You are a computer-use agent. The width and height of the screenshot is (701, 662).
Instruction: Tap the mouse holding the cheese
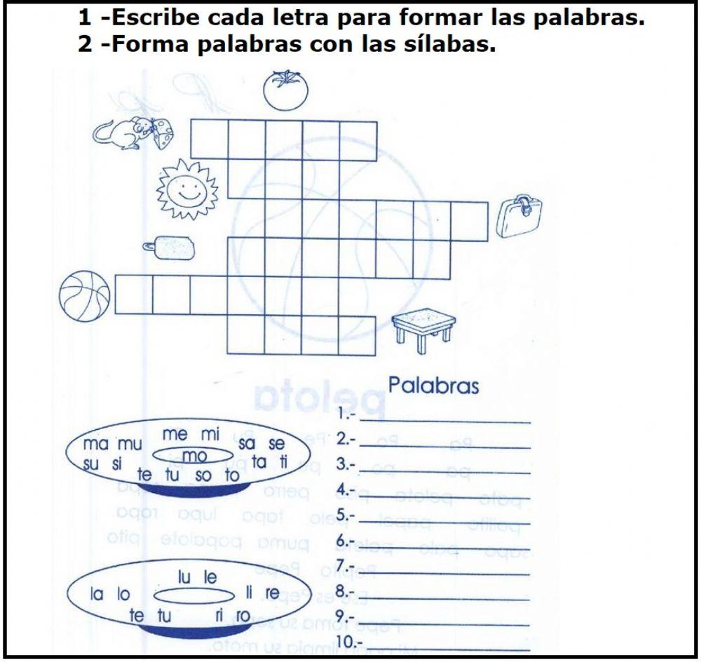pos(133,133)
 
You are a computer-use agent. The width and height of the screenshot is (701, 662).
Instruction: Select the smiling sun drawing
pos(187,187)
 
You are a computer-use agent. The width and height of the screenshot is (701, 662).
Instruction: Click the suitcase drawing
pos(519,216)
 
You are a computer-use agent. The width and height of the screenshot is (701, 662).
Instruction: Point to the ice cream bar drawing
pos(170,246)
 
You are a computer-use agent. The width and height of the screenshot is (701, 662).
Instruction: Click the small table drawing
pos(423,327)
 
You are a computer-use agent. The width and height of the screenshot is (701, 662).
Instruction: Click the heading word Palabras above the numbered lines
pos(433,385)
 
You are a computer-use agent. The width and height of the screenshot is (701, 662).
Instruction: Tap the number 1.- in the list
pos(347,414)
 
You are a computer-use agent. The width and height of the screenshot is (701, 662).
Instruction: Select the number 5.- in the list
pos(347,516)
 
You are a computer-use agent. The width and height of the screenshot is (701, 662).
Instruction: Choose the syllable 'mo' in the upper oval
pos(194,457)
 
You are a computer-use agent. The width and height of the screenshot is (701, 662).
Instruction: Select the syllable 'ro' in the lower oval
pos(242,616)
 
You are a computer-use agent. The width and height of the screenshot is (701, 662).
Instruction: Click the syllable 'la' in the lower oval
pos(97,594)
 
